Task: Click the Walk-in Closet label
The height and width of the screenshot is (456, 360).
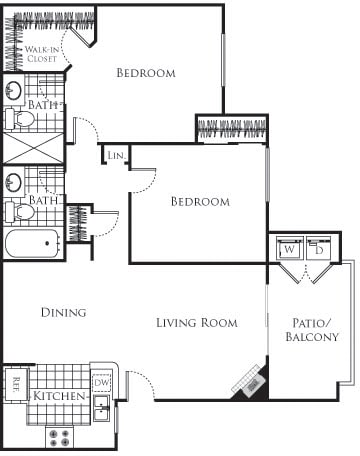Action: (x=40, y=54)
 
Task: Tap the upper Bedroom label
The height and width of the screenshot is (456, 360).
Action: (x=146, y=73)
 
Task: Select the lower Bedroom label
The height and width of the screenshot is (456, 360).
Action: (x=199, y=202)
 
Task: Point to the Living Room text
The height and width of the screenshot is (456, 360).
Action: (x=197, y=323)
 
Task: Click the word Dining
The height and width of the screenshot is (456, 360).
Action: (x=63, y=313)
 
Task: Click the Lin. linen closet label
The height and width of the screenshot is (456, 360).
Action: (x=115, y=157)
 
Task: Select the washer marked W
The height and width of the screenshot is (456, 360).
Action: (x=288, y=249)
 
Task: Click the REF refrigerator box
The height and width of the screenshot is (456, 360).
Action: (x=16, y=381)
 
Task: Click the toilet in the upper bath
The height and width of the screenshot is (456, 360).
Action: (x=20, y=119)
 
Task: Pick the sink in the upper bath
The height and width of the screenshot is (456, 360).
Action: (x=14, y=92)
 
